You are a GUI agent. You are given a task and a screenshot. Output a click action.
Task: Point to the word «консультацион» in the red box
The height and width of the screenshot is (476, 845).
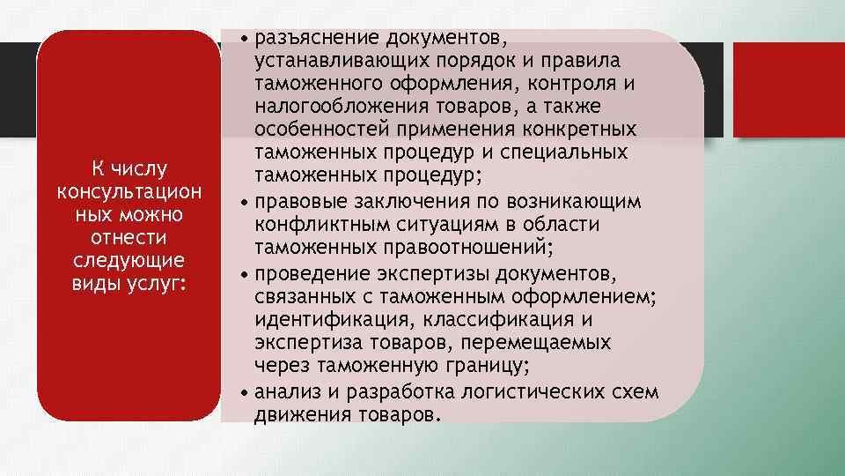click(x=128, y=191)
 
